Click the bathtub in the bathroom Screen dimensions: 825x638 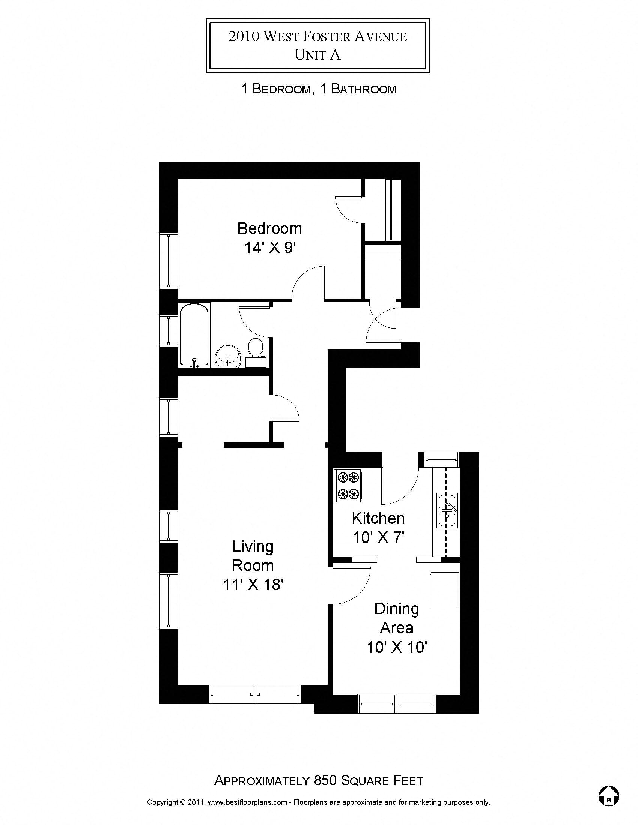tap(194, 336)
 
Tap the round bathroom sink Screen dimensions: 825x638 tap(228, 356)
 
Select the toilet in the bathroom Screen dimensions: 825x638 tap(256, 348)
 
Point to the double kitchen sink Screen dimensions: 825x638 tap(447, 510)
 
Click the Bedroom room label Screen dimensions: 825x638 tap(269, 228)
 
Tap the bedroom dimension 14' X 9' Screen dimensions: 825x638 tap(269, 248)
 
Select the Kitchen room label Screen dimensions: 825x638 tap(378, 518)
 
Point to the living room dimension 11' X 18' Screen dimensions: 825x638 tap(253, 585)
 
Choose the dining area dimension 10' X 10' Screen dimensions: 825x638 tap(397, 648)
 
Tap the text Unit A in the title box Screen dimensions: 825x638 tap(317, 55)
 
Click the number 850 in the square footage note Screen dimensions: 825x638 tap(325, 781)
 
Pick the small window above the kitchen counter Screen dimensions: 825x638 tap(441, 460)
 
